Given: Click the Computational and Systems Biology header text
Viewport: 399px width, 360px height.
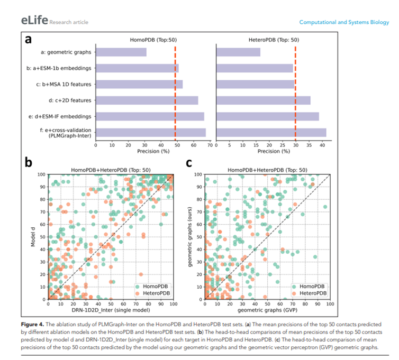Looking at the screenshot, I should pos(343,22).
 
